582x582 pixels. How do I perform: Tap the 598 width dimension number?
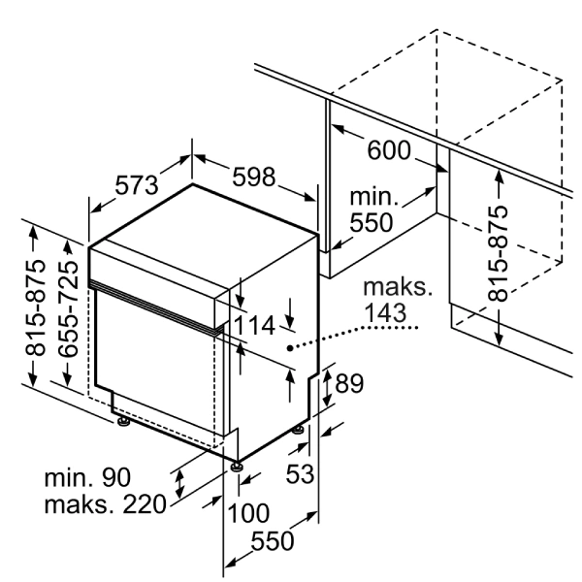point(254,177)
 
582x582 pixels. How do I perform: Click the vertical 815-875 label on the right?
point(501,253)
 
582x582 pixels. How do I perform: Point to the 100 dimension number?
point(248,511)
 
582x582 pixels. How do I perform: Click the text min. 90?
point(87,477)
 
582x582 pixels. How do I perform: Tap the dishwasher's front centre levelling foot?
point(236,468)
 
